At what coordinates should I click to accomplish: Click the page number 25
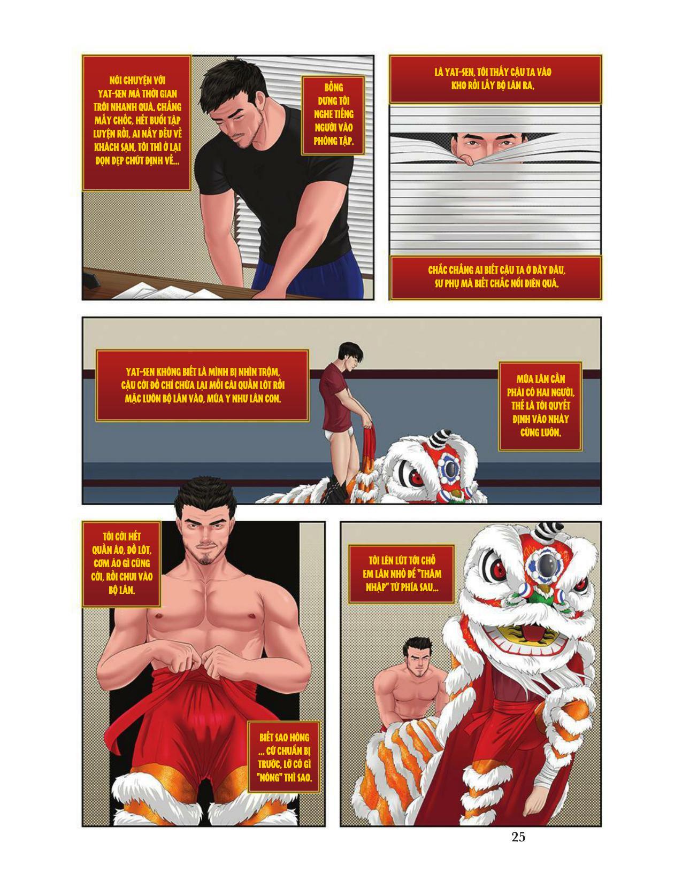click(518, 837)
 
